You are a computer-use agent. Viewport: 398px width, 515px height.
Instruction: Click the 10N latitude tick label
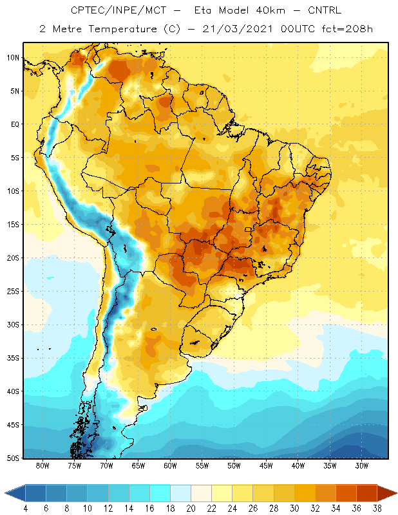pos(13,58)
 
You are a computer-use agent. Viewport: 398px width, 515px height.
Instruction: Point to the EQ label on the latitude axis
pos(15,124)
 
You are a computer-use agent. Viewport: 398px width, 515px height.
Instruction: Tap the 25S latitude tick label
pos(13,292)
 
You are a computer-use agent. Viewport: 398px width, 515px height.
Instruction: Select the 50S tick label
pos(13,458)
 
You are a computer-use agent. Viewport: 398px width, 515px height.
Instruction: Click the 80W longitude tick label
pos(43,465)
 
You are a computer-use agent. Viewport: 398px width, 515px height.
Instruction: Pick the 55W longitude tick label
pos(202,465)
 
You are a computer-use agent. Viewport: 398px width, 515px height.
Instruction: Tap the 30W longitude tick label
pos(362,465)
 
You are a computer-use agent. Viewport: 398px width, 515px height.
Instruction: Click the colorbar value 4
pos(25,509)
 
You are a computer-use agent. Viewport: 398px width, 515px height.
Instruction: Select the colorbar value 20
pos(191,509)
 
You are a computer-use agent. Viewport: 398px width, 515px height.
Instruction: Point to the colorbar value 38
pos(377,509)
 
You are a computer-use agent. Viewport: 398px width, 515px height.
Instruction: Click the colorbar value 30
pos(294,509)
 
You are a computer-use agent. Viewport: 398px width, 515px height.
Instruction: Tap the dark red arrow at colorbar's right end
pos(387,493)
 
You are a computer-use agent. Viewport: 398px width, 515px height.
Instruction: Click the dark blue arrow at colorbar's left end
pos(15,493)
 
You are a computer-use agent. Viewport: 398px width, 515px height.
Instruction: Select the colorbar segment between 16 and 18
pos(160,493)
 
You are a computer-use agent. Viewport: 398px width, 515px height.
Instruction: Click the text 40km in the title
pos(266,10)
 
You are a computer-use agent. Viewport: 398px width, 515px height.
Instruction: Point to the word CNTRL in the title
pos(325,10)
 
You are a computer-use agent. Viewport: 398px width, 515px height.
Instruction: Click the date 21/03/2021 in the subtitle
pos(238,29)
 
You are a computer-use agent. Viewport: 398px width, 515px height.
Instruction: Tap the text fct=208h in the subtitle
pos(347,29)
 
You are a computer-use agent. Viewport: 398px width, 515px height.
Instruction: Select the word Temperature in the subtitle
pos(122,29)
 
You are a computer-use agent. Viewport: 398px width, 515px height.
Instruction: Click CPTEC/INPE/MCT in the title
pos(118,10)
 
